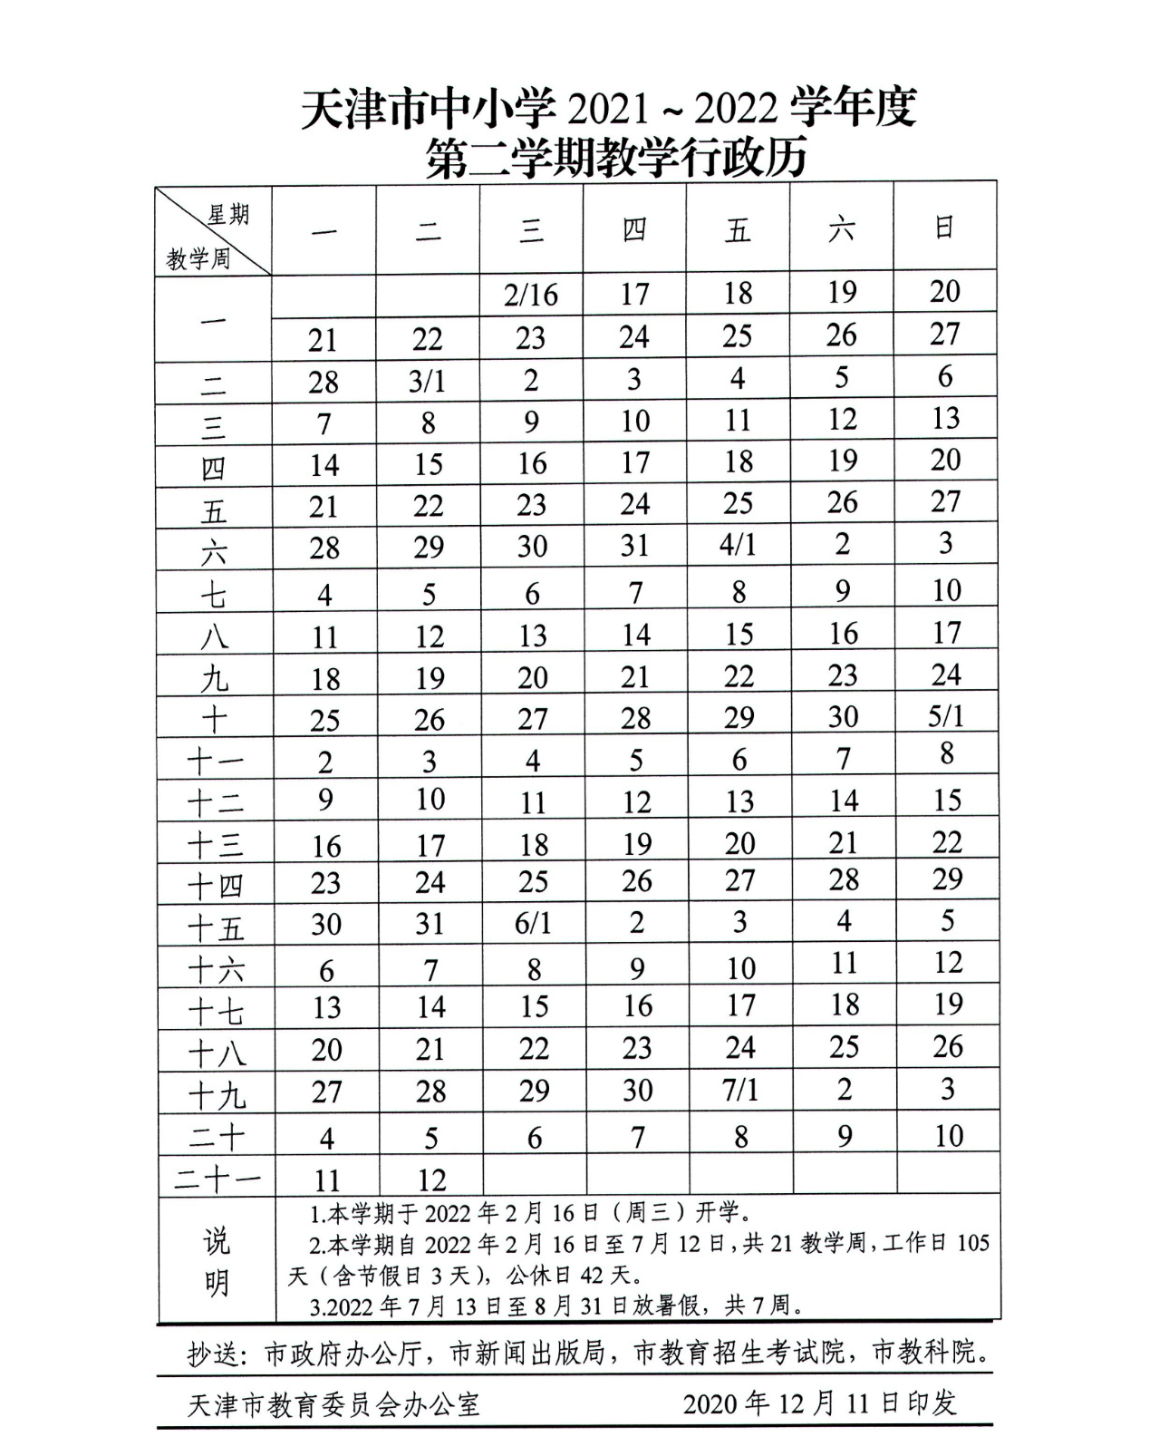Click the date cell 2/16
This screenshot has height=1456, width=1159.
[x=531, y=295]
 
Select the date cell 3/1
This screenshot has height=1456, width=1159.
[x=427, y=381]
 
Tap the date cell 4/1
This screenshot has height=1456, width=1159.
[x=738, y=546]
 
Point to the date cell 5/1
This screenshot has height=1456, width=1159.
[x=945, y=716]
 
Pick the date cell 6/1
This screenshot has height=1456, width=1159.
[x=533, y=923]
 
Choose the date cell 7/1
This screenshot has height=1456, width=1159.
[x=740, y=1090]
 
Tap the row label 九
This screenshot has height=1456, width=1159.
[x=215, y=678]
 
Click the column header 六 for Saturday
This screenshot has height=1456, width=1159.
[x=841, y=229]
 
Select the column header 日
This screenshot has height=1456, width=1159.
[x=944, y=228]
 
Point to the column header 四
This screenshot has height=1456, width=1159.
[x=634, y=230]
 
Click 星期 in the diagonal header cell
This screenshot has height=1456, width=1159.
[x=227, y=215]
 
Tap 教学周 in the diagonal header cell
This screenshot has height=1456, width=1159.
[x=198, y=259]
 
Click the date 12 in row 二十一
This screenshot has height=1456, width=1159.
[x=431, y=1179]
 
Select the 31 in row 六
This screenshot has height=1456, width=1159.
[x=634, y=546]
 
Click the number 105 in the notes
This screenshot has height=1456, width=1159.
[x=972, y=1242]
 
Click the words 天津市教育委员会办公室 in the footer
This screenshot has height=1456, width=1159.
[x=333, y=1404]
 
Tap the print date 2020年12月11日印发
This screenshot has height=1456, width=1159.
[x=819, y=1403]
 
